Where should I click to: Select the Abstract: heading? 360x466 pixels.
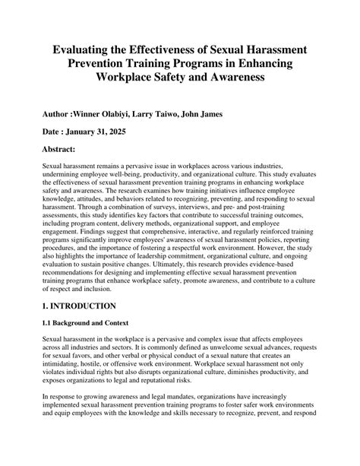65,150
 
